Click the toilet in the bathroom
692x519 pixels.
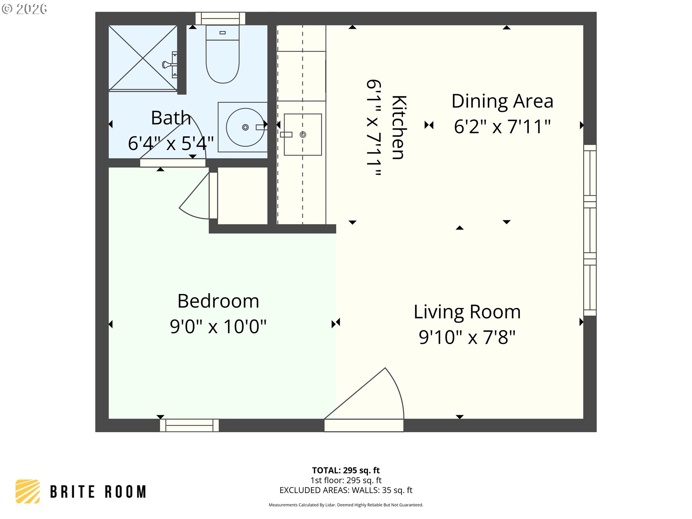coord(222,54)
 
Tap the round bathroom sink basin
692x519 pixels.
coord(245,127)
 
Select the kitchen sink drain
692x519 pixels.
coord(303,134)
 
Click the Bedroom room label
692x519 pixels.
coord(218,301)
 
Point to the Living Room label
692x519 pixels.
coord(467,312)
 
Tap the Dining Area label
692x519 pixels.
coord(502,101)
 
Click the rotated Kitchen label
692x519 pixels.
coord(399,128)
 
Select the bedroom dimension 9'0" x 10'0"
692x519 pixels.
coord(218,327)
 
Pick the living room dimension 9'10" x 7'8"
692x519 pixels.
coord(467,337)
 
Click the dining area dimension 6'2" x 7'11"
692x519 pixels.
coord(502,127)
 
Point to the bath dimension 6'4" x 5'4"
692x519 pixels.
coord(171,143)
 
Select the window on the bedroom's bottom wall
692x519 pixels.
coord(189,425)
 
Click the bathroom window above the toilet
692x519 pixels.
coord(220,18)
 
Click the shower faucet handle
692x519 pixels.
coord(169,65)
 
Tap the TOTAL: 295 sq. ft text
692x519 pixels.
coord(346,470)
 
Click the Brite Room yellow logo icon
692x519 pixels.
coord(28,491)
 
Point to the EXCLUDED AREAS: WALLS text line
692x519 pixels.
coord(346,490)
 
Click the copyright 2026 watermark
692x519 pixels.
coord(24,9)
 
